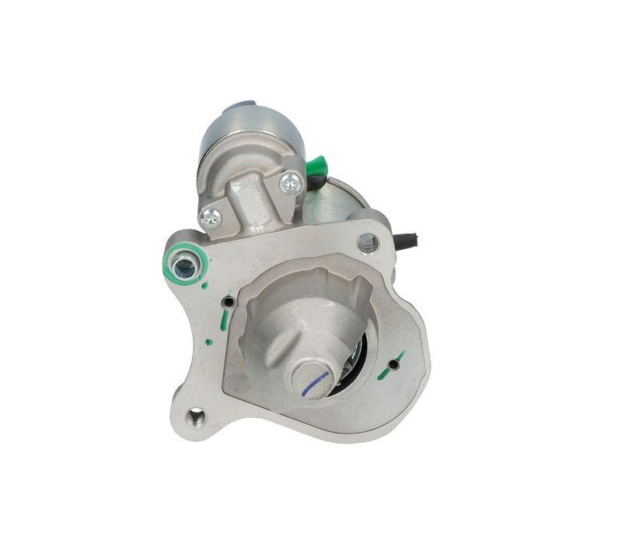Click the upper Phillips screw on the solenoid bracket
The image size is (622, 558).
(x=291, y=184)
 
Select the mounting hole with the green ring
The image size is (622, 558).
(x=184, y=268)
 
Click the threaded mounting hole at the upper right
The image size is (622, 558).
(x=368, y=243)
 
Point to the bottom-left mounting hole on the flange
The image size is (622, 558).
(x=196, y=418)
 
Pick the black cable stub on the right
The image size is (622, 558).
(x=407, y=240)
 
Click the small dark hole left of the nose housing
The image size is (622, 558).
(x=228, y=301)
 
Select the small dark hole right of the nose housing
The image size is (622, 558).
(x=394, y=363)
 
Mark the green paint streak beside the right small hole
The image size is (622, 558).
(x=385, y=371)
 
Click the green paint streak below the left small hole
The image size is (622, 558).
(x=224, y=320)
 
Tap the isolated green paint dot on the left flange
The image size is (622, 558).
(x=208, y=341)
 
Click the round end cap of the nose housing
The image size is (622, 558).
(x=313, y=379)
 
